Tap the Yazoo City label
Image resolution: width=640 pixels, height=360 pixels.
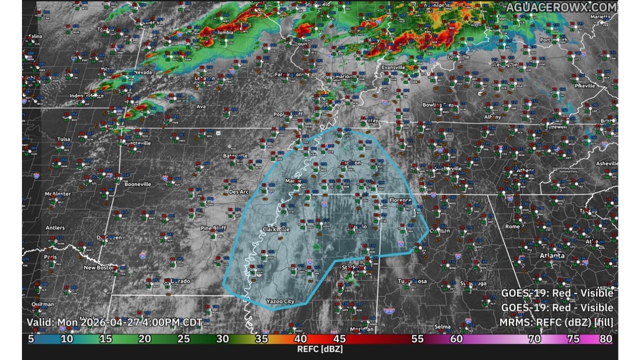coord(280,301)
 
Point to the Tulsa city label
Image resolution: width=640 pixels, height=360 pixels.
coord(64,139)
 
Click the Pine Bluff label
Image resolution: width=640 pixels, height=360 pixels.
coord(214,228)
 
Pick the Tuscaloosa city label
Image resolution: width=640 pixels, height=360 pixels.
coord(412,281)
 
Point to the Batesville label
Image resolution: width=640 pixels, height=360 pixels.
coord(235,156)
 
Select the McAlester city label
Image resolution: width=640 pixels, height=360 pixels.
coord(57,193)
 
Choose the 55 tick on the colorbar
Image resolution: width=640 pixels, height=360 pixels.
coord(417,339)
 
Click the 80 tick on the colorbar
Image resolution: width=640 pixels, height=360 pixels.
coord(605,339)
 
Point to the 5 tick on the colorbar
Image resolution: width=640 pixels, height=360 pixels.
coord(31,339)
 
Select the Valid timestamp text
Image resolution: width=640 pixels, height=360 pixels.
coord(114,322)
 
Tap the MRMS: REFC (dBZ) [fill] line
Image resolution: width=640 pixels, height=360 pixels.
coord(556,322)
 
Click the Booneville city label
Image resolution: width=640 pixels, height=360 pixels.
coord(137,184)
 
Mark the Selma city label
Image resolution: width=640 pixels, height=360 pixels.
coord(442,326)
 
